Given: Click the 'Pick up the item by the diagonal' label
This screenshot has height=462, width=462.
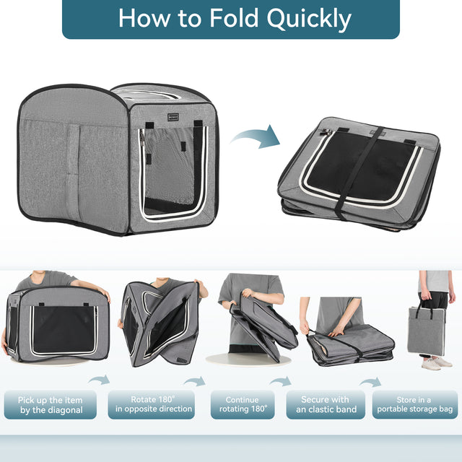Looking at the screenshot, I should click(51, 405).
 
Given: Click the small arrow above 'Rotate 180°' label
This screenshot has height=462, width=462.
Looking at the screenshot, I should click(194, 380).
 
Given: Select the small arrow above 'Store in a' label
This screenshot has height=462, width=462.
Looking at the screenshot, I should click(371, 382).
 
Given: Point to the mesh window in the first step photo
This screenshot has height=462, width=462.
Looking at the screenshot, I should click(64, 329).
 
